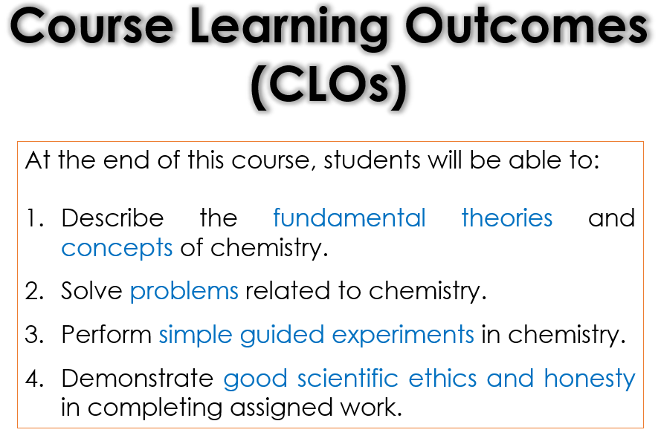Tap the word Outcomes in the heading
click(526, 25)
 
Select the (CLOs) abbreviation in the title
click(329, 86)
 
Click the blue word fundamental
click(349, 218)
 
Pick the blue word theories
click(506, 218)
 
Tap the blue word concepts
click(117, 248)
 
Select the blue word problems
click(184, 291)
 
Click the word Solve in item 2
click(91, 290)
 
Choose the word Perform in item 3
click(106, 335)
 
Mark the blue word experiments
click(403, 336)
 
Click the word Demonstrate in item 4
click(138, 378)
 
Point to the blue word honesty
click(590, 379)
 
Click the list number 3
click(34, 335)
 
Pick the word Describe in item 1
click(112, 218)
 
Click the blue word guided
click(282, 336)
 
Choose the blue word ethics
click(442, 378)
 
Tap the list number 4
click(34, 378)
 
